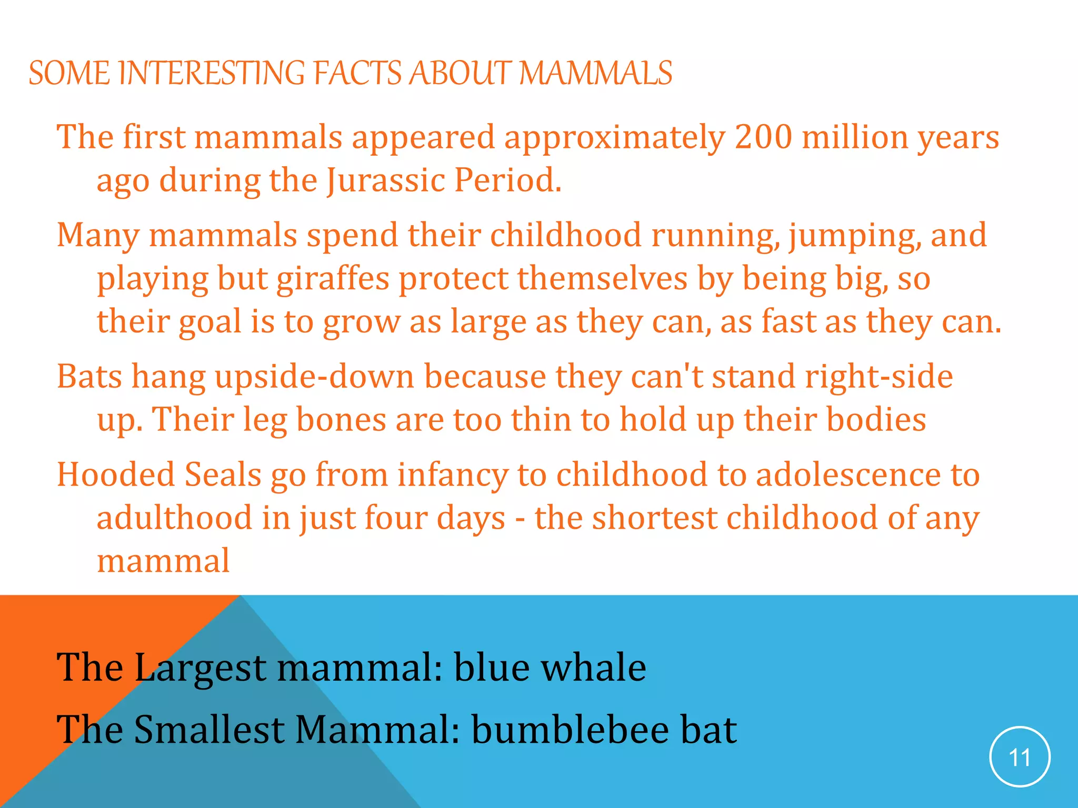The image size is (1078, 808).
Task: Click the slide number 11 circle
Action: [x=1020, y=757]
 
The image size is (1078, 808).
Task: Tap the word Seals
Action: [x=223, y=474]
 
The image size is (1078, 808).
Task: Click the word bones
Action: [x=341, y=420]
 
